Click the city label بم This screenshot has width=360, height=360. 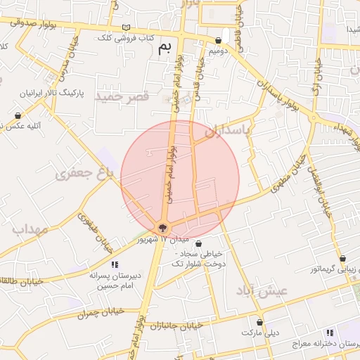tap(165, 48)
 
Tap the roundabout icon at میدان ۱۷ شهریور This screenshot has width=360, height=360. tap(162, 228)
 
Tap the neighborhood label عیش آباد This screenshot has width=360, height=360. tap(262, 290)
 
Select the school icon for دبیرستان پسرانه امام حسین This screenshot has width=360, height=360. tap(115, 264)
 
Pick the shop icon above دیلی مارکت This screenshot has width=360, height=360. tap(260, 322)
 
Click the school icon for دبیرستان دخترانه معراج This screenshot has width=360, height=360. tap(329, 333)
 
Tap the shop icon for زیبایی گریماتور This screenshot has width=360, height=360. tap(342, 259)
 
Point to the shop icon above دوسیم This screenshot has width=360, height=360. tap(220, 41)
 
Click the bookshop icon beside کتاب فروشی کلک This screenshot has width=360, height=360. tap(127, 27)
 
